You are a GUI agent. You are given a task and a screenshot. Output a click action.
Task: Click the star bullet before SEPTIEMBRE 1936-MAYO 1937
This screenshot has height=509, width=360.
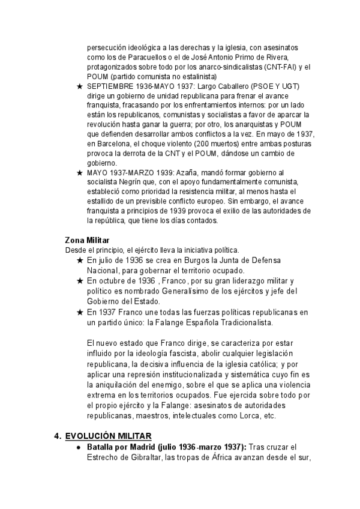[80, 86]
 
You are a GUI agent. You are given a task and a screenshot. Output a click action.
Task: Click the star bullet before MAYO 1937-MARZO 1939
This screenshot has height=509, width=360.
[80, 173]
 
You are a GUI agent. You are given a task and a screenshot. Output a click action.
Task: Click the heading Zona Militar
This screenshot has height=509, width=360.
[87, 240]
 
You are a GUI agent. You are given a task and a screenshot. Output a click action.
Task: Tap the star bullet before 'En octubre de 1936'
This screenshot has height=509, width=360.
[80, 281]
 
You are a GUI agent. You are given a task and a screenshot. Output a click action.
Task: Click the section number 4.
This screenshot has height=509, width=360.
[58, 436]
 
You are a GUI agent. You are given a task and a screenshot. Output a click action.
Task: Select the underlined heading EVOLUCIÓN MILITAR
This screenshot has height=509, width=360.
[108, 436]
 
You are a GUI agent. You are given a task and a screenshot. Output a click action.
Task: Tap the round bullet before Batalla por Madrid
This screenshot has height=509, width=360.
[79, 448]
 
